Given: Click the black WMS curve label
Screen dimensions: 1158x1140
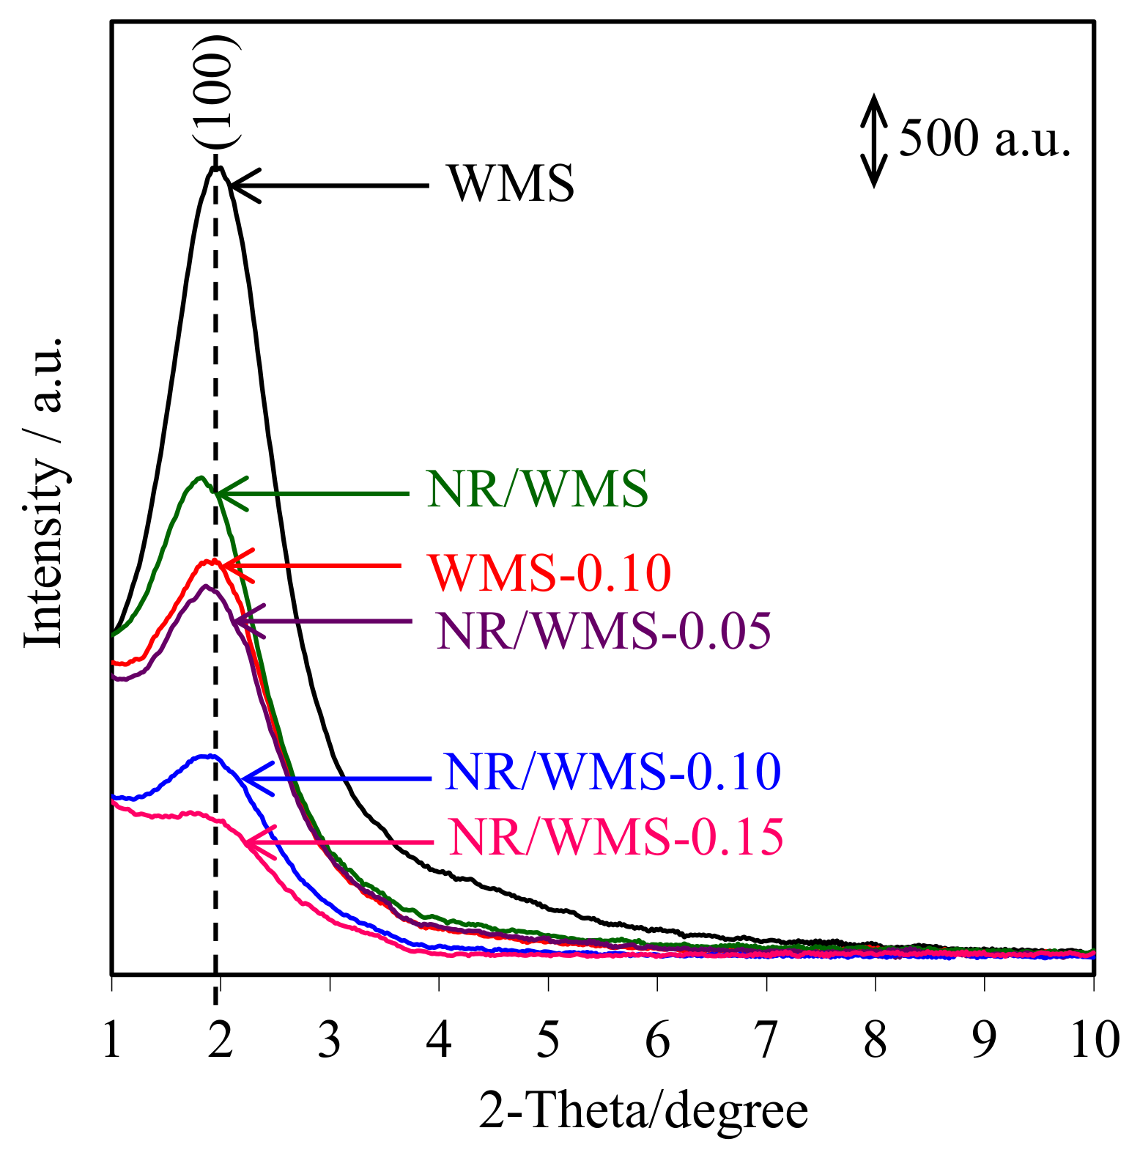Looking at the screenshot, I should [511, 183].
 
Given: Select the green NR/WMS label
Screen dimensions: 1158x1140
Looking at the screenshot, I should [537, 489].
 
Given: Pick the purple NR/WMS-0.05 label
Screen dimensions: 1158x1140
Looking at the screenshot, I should [604, 630].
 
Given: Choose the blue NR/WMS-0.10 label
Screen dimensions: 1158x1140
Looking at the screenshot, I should [612, 771].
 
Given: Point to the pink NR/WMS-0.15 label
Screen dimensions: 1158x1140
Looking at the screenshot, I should [616, 837].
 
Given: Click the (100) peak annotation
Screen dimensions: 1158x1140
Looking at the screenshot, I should [217, 92].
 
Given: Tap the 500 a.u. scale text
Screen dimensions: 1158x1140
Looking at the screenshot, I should [985, 138].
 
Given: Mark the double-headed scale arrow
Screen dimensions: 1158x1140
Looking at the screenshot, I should [873, 140].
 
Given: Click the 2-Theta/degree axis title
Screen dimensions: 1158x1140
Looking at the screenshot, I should [643, 1110].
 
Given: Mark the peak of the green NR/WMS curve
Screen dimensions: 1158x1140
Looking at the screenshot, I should [200, 478].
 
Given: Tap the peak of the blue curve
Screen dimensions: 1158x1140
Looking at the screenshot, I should [208, 756].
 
